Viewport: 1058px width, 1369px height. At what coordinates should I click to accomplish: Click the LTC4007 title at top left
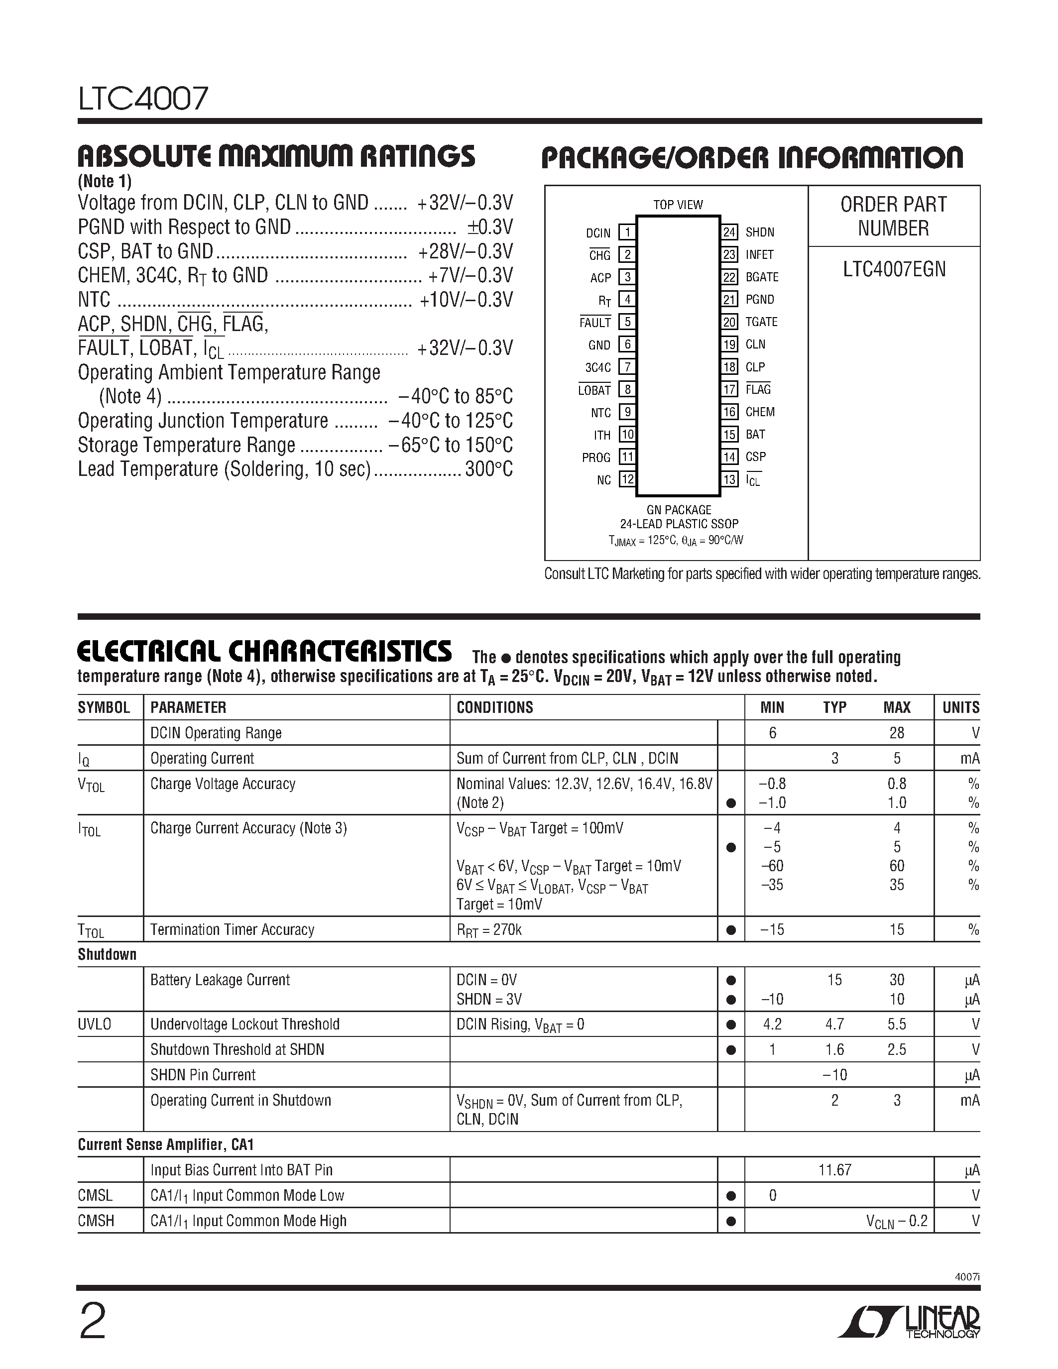click(143, 99)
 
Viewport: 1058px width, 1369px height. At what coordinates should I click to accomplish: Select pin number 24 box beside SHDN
click(729, 232)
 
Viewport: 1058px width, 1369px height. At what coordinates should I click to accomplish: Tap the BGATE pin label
click(762, 277)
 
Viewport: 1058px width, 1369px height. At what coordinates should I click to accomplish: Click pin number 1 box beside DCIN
click(627, 232)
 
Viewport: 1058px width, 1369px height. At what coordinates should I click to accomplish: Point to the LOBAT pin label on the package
click(594, 390)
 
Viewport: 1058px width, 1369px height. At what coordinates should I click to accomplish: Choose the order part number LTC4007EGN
click(894, 269)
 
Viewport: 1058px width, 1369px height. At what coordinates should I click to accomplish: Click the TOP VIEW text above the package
click(678, 205)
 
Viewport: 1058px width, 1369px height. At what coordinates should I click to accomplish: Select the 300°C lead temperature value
click(489, 469)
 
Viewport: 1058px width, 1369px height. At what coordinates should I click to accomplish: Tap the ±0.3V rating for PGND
click(489, 227)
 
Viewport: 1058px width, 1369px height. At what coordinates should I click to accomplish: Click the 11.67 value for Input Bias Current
click(834, 1170)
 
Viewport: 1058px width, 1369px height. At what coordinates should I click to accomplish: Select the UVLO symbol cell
click(95, 1024)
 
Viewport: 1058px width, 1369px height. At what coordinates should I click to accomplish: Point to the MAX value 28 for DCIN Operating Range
click(896, 733)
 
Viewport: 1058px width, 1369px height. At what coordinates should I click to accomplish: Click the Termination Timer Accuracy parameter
click(232, 929)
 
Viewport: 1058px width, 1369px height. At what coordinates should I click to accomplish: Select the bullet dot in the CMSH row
click(730, 1221)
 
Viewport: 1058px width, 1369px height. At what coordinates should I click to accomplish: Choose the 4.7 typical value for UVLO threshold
click(834, 1024)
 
